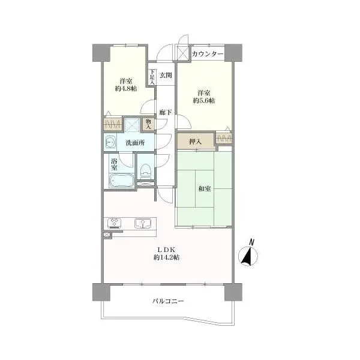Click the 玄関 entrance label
(166, 75)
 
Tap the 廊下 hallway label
(166, 113)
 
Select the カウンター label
(208, 54)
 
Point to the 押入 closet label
(196, 142)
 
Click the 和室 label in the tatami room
(205, 189)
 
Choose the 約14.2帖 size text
(166, 257)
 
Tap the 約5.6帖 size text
(204, 101)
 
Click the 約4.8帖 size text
(126, 88)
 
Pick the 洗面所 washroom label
(135, 143)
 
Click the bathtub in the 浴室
(122, 181)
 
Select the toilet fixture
(145, 171)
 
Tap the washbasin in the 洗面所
(110, 143)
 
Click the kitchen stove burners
(114, 223)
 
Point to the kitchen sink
(143, 223)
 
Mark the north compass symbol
(248, 256)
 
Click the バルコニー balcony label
(168, 301)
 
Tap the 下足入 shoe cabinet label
(152, 77)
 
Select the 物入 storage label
(149, 124)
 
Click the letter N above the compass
(252, 242)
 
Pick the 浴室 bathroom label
(114, 164)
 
